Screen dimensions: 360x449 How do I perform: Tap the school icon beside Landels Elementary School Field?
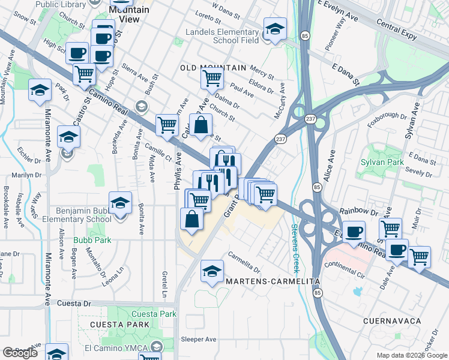point(275,29)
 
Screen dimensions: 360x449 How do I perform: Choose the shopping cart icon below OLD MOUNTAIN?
point(212,78)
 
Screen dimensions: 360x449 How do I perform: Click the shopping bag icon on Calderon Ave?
point(201,125)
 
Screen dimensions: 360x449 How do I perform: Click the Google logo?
point(20,353)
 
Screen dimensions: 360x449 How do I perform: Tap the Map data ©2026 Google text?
point(411,355)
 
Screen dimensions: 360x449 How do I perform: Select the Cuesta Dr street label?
point(73,303)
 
